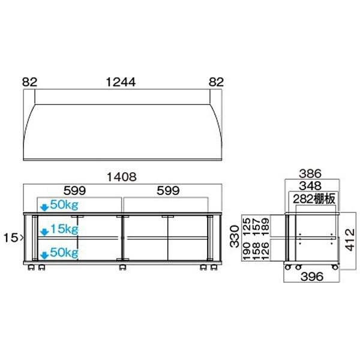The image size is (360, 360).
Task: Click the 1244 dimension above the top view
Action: (x=122, y=82)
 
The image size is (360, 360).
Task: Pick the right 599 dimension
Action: (x=167, y=191)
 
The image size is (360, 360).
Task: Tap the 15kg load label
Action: (x=64, y=229)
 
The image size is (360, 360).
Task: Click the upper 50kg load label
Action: (x=64, y=205)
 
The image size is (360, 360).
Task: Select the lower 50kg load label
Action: (x=64, y=252)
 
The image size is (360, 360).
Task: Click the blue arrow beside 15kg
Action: (x=43, y=230)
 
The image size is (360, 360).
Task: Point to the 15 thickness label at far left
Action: (x=10, y=238)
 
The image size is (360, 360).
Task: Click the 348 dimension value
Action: (x=311, y=186)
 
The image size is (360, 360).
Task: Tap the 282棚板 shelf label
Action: (x=313, y=198)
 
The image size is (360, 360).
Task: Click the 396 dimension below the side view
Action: (x=311, y=277)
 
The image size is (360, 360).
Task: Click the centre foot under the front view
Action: (x=122, y=266)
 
